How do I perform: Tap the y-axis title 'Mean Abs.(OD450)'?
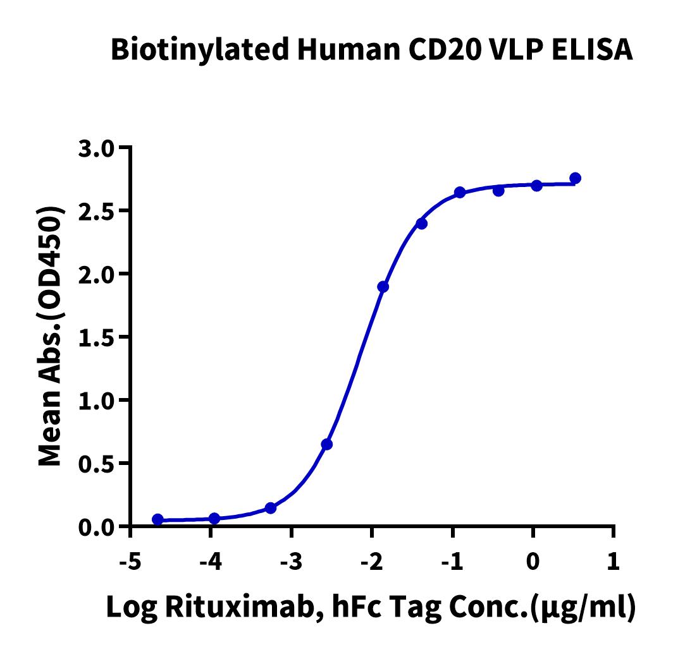52,337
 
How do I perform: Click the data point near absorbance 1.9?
383,287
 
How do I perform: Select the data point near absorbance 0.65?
326,444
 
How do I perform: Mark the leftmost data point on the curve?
157,519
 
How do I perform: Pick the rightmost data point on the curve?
575,178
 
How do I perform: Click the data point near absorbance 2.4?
422,223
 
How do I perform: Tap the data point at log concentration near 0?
536,185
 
